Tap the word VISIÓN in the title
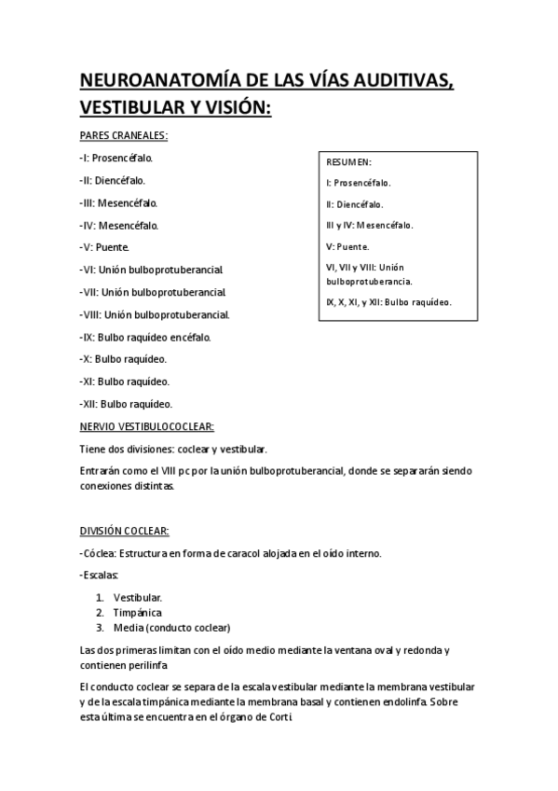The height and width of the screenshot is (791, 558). tap(230, 108)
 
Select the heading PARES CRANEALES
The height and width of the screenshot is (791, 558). tap(124, 135)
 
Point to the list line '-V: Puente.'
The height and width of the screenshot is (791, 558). tap(104, 247)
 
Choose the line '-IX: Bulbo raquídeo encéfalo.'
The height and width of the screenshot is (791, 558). tap(145, 337)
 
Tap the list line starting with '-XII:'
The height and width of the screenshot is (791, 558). tap(126, 404)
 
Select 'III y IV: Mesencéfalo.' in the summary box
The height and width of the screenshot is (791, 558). tap(370, 226)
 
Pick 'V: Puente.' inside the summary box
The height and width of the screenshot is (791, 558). tap(347, 247)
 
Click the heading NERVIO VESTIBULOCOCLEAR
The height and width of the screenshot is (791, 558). tap(147, 426)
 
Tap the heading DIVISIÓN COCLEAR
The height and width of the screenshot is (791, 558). tap(124, 531)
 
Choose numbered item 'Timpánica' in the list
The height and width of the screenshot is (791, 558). tap(137, 612)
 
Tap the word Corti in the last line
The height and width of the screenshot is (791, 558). tap(284, 717)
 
